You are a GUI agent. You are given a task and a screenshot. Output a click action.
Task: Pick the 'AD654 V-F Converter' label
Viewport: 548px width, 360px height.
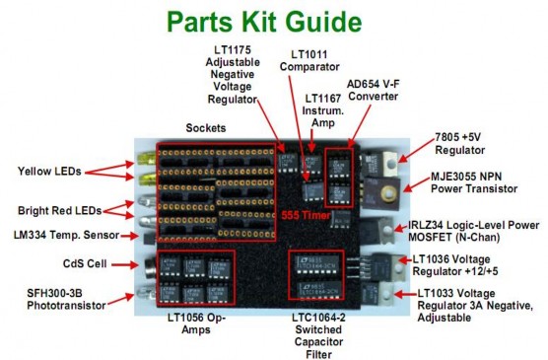click(x=377, y=91)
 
